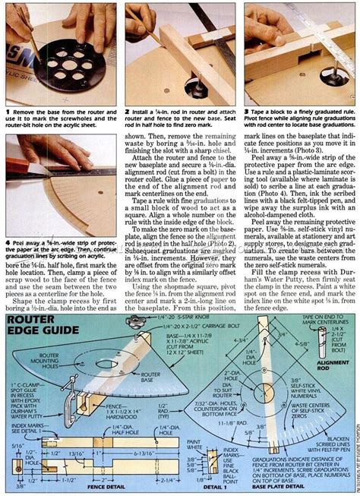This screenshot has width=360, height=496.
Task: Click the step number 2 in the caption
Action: pos(127,112)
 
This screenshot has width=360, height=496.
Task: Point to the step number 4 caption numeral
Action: pos(6,223)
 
